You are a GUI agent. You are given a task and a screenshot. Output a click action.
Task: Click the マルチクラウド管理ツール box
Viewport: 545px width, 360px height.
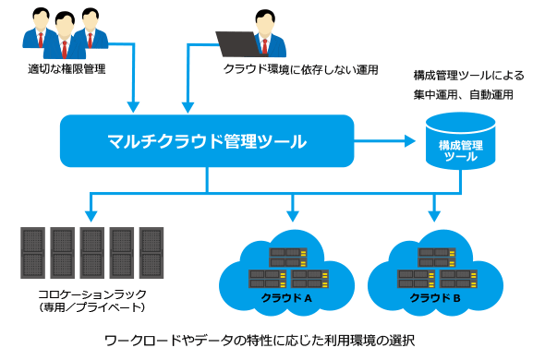click(207, 141)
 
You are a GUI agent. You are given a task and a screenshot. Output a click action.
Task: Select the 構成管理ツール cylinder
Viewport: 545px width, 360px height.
click(461, 141)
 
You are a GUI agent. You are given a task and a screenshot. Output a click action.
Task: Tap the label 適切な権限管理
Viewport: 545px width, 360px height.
click(67, 69)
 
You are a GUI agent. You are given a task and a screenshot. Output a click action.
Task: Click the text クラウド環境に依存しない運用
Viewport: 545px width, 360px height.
click(300, 69)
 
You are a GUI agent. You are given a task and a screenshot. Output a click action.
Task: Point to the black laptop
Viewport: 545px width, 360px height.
click(237, 43)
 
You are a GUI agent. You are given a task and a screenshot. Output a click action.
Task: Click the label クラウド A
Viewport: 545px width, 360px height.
click(286, 298)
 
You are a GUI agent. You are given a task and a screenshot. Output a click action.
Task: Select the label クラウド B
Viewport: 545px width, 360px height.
click(435, 298)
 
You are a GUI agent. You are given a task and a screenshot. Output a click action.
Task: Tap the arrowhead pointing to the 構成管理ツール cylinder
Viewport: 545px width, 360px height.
click(410, 141)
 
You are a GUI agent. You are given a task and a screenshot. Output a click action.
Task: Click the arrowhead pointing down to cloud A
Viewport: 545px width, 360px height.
click(293, 216)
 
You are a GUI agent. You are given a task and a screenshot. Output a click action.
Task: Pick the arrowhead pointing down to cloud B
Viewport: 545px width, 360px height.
click(434, 216)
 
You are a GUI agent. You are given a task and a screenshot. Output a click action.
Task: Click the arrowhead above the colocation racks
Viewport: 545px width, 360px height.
click(91, 216)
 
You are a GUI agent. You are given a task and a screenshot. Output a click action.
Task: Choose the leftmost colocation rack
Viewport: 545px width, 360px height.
click(32, 253)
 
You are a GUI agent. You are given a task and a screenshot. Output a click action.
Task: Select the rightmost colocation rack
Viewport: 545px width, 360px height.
click(151, 253)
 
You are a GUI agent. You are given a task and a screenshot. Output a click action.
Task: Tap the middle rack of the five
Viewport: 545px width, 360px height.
click(92, 253)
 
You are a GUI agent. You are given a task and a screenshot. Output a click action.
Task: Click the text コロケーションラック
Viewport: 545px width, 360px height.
click(92, 294)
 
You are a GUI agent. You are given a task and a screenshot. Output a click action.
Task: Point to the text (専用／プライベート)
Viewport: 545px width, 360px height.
click(92, 307)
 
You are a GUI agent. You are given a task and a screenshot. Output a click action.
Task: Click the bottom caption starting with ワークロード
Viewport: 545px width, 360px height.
click(260, 341)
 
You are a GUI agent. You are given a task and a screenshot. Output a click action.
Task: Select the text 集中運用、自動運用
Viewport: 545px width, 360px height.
click(464, 94)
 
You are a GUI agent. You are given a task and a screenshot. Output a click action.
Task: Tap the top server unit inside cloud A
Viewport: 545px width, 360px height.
click(288, 252)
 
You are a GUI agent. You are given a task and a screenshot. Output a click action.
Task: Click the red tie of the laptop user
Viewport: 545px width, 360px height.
click(265, 46)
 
